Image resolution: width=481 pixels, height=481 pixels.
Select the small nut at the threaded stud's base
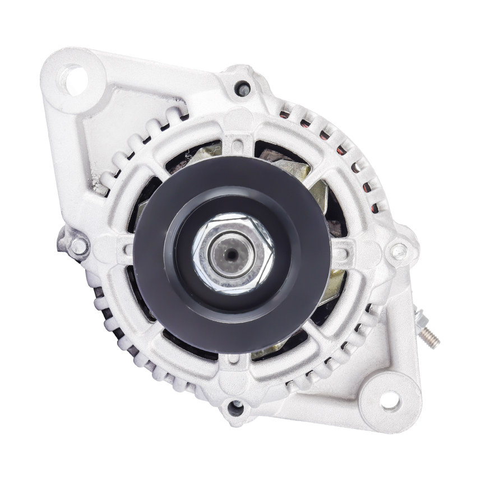tap(421, 321)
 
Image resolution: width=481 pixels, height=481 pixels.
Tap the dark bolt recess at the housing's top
tap(242, 88)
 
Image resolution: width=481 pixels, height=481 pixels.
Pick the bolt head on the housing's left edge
tap(78, 245)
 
